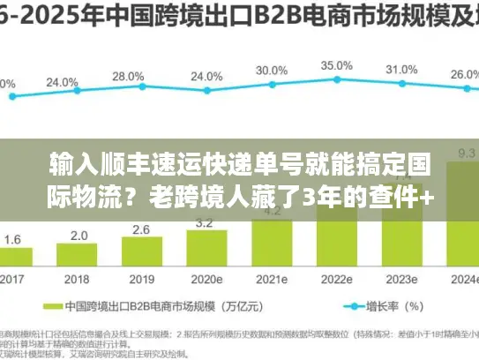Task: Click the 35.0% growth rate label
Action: [336, 65]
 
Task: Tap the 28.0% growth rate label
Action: [129, 77]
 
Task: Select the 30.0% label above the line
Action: [271, 70]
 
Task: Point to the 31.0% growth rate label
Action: [401, 69]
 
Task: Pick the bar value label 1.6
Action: [13, 239]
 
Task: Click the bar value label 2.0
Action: [79, 235]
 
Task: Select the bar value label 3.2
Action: [205, 223]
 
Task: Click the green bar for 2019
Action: [141, 251]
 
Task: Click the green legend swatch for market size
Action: [50, 307]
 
